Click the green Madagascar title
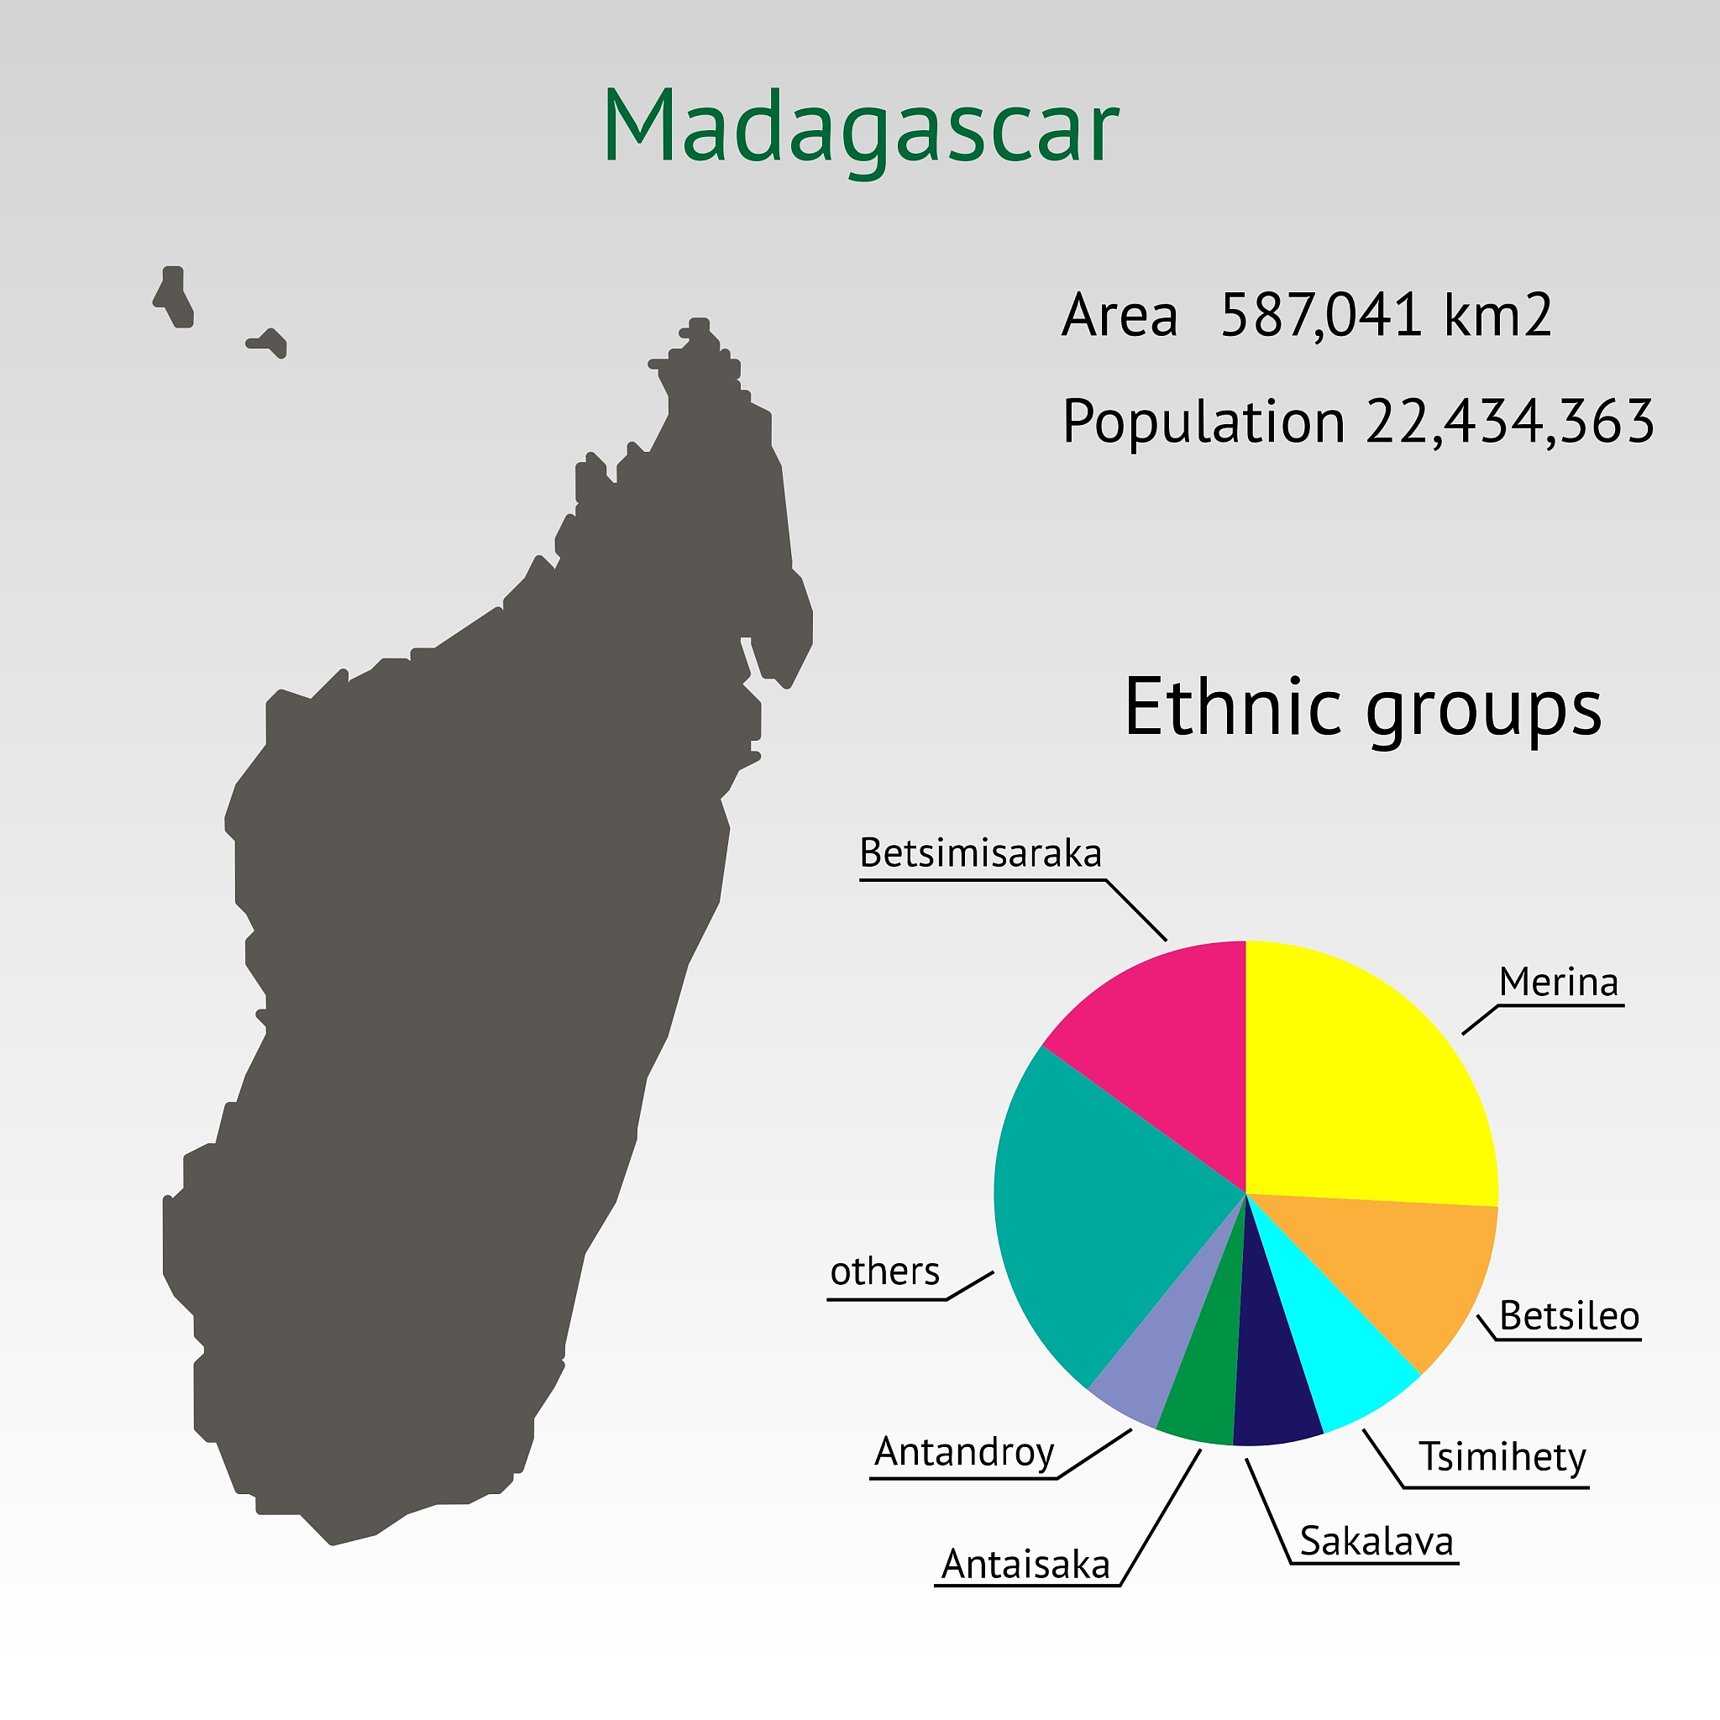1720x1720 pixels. (860, 128)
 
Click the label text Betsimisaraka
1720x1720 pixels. (980, 853)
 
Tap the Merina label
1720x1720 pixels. (1558, 982)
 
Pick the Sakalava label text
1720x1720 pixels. (1377, 1541)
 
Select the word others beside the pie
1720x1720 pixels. (885, 1271)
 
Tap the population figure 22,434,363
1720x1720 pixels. (1510, 421)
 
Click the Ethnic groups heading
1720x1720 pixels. (1363, 707)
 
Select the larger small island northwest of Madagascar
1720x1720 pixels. (175, 296)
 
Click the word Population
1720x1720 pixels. (1203, 421)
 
